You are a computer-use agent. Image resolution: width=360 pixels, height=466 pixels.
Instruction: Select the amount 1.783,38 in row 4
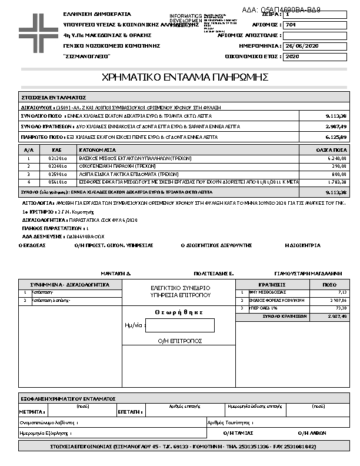click(x=336, y=182)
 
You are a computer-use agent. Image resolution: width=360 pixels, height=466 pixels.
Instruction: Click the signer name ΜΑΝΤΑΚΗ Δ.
click(x=116, y=274)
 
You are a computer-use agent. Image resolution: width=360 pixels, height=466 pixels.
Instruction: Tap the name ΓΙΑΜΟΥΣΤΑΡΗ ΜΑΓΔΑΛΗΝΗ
click(x=308, y=274)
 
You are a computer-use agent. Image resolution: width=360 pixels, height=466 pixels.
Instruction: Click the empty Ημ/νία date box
click(x=179, y=325)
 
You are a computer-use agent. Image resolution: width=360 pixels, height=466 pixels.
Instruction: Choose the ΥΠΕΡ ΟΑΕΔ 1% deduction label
click(x=258, y=308)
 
